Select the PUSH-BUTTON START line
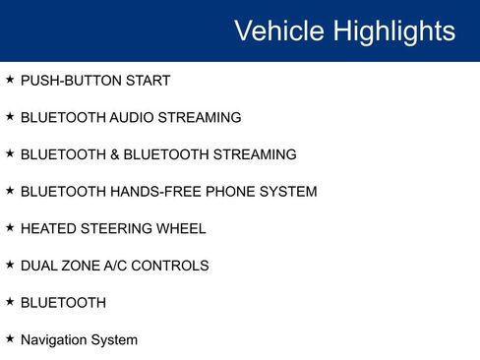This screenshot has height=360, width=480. click(x=94, y=81)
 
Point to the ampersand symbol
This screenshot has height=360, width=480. click(x=113, y=154)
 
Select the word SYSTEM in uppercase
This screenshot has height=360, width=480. click(x=287, y=192)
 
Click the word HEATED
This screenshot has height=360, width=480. click(x=45, y=229)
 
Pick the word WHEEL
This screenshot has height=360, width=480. click(x=180, y=229)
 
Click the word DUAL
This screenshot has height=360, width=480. click(x=39, y=266)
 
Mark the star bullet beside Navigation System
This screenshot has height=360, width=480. click(x=10, y=338)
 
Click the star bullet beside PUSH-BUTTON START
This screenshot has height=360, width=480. click(x=10, y=79)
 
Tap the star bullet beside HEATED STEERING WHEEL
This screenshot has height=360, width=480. click(x=10, y=227)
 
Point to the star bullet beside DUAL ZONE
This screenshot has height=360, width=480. click(x=10, y=264)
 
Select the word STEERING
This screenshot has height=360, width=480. click(x=113, y=229)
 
